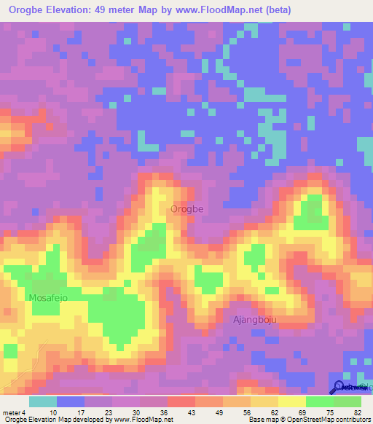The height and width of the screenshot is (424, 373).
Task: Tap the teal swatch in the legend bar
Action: (43, 401)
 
